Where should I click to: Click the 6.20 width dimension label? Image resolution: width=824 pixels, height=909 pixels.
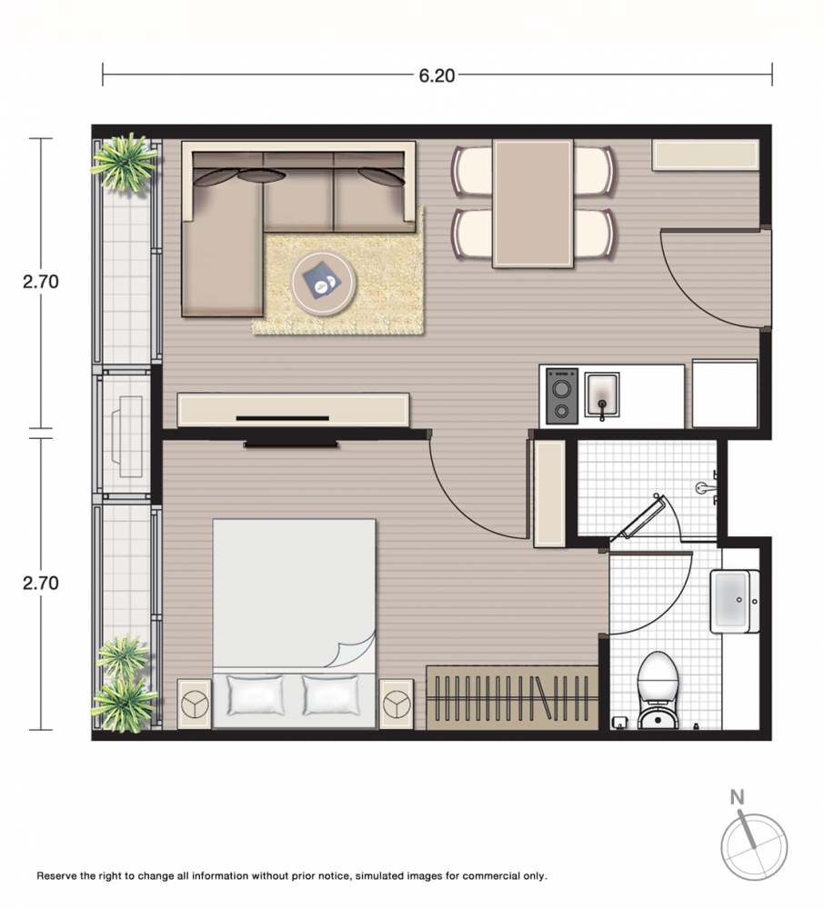pyautogui.click(x=437, y=75)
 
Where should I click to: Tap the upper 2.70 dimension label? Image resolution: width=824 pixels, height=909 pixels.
pyautogui.click(x=41, y=282)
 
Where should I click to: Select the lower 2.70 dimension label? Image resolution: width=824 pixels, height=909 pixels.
pyautogui.click(x=41, y=583)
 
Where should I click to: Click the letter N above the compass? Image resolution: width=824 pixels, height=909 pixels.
pyautogui.click(x=737, y=798)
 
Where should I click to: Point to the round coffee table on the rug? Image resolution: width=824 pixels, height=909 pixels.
pyautogui.click(x=323, y=283)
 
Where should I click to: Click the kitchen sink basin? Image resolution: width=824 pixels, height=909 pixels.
pyautogui.click(x=601, y=395)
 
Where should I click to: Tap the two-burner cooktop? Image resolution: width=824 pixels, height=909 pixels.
pyautogui.click(x=562, y=396)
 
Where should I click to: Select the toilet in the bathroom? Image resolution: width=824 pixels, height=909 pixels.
pyautogui.click(x=658, y=690)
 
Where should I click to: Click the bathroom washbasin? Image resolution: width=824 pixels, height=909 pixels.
pyautogui.click(x=734, y=601)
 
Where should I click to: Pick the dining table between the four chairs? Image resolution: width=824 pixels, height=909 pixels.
pyautogui.click(x=533, y=204)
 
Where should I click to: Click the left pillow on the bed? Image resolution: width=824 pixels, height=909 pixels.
pyautogui.click(x=256, y=695)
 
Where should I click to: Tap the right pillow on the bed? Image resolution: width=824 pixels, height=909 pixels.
pyautogui.click(x=330, y=695)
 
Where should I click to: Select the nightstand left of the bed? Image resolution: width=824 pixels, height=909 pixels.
pyautogui.click(x=194, y=704)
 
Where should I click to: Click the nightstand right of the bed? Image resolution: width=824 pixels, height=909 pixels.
pyautogui.click(x=396, y=704)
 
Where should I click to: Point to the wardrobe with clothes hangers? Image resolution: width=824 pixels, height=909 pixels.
pyautogui.click(x=512, y=697)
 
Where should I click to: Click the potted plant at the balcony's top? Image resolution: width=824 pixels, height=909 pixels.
pyautogui.click(x=124, y=163)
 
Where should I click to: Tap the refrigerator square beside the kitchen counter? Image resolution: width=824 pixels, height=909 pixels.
pyautogui.click(x=725, y=394)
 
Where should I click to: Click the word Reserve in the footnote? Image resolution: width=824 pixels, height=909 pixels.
pyautogui.click(x=56, y=876)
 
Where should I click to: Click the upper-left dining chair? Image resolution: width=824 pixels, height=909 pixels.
pyautogui.click(x=473, y=171)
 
